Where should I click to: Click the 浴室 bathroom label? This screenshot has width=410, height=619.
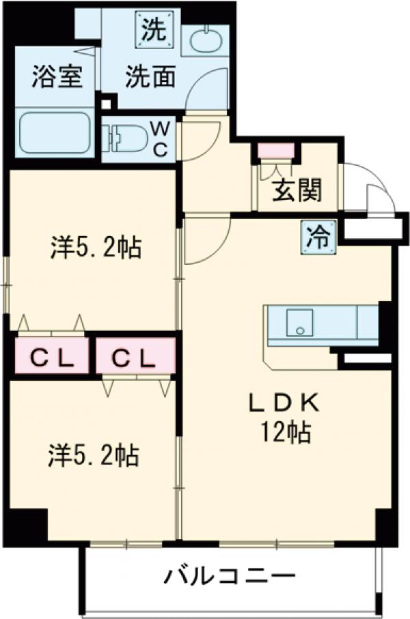tap(57, 76)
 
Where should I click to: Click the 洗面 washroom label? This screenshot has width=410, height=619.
tap(150, 76)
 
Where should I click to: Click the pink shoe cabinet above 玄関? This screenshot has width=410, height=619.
tap(275, 149)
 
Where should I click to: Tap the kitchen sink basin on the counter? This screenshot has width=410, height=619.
tap(299, 321)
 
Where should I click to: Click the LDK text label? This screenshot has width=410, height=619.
tap(283, 403)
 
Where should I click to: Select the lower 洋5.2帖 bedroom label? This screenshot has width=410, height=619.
tap(95, 455)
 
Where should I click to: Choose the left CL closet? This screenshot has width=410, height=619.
tap(53, 356)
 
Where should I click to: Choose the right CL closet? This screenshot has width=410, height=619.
tap(135, 356)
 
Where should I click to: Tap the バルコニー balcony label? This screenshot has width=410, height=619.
tap(230, 577)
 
